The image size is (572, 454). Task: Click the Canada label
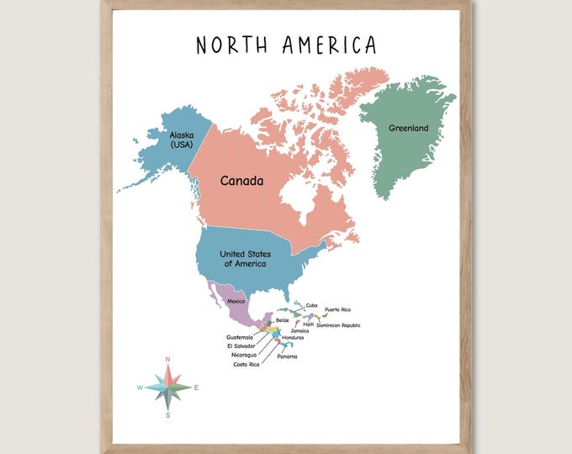[x=242, y=181]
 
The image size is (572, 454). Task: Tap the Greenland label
[x=408, y=128]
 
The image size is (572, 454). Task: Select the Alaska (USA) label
[x=181, y=140]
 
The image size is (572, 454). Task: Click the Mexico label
[x=236, y=301]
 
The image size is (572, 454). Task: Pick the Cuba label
[x=312, y=305]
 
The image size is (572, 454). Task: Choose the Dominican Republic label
[x=338, y=325]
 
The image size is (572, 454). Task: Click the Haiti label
[x=309, y=325]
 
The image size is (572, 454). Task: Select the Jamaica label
[x=300, y=330]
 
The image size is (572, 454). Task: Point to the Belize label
[x=283, y=320]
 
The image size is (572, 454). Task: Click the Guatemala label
[x=240, y=337]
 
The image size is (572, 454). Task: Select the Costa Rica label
[x=246, y=364]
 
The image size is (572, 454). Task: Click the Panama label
[x=287, y=356]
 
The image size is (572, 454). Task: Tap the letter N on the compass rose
[x=167, y=360]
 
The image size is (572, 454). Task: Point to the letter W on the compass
[x=140, y=388]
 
